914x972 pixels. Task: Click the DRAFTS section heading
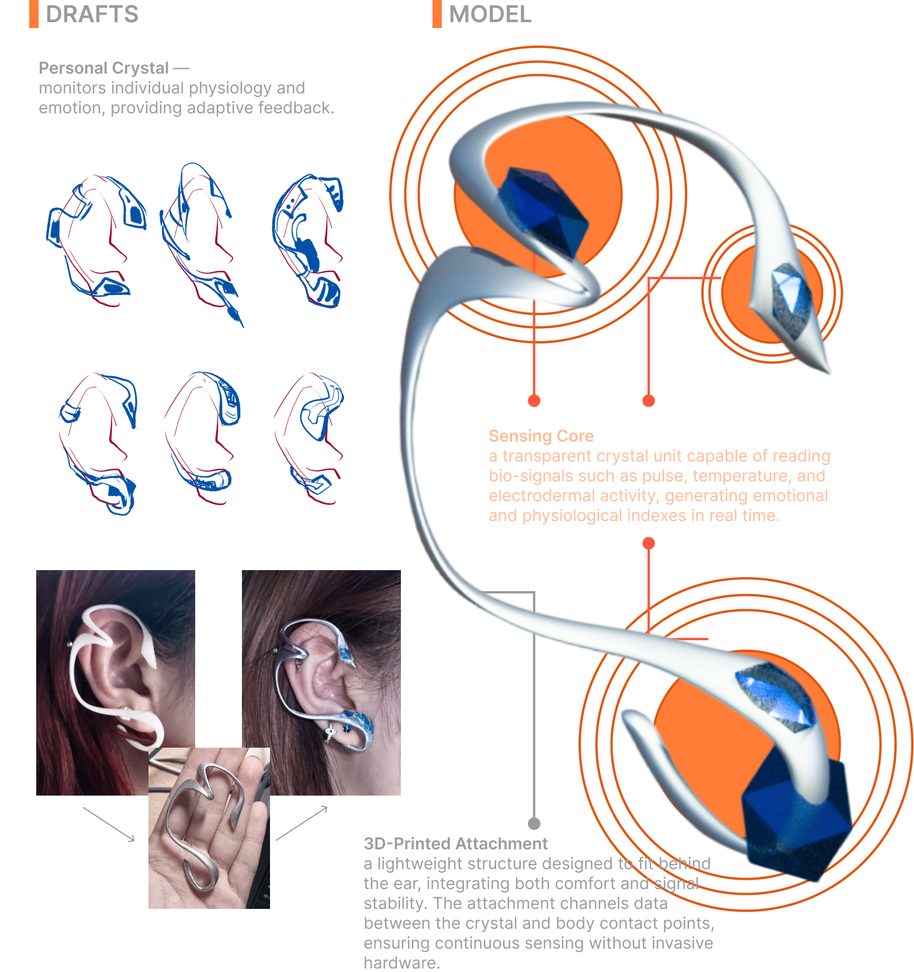[92, 14]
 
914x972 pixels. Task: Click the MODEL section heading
[490, 14]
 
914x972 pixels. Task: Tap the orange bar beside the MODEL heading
[437, 14]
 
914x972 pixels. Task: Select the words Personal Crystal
[103, 68]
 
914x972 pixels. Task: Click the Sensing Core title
[541, 436]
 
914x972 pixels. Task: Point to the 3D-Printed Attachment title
[456, 843]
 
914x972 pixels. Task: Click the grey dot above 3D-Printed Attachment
[534, 824]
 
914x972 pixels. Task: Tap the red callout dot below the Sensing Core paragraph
[648, 543]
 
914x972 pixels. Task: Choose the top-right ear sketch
[308, 240]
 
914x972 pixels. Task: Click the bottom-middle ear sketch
[202, 438]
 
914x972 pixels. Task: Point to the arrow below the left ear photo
[109, 824]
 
